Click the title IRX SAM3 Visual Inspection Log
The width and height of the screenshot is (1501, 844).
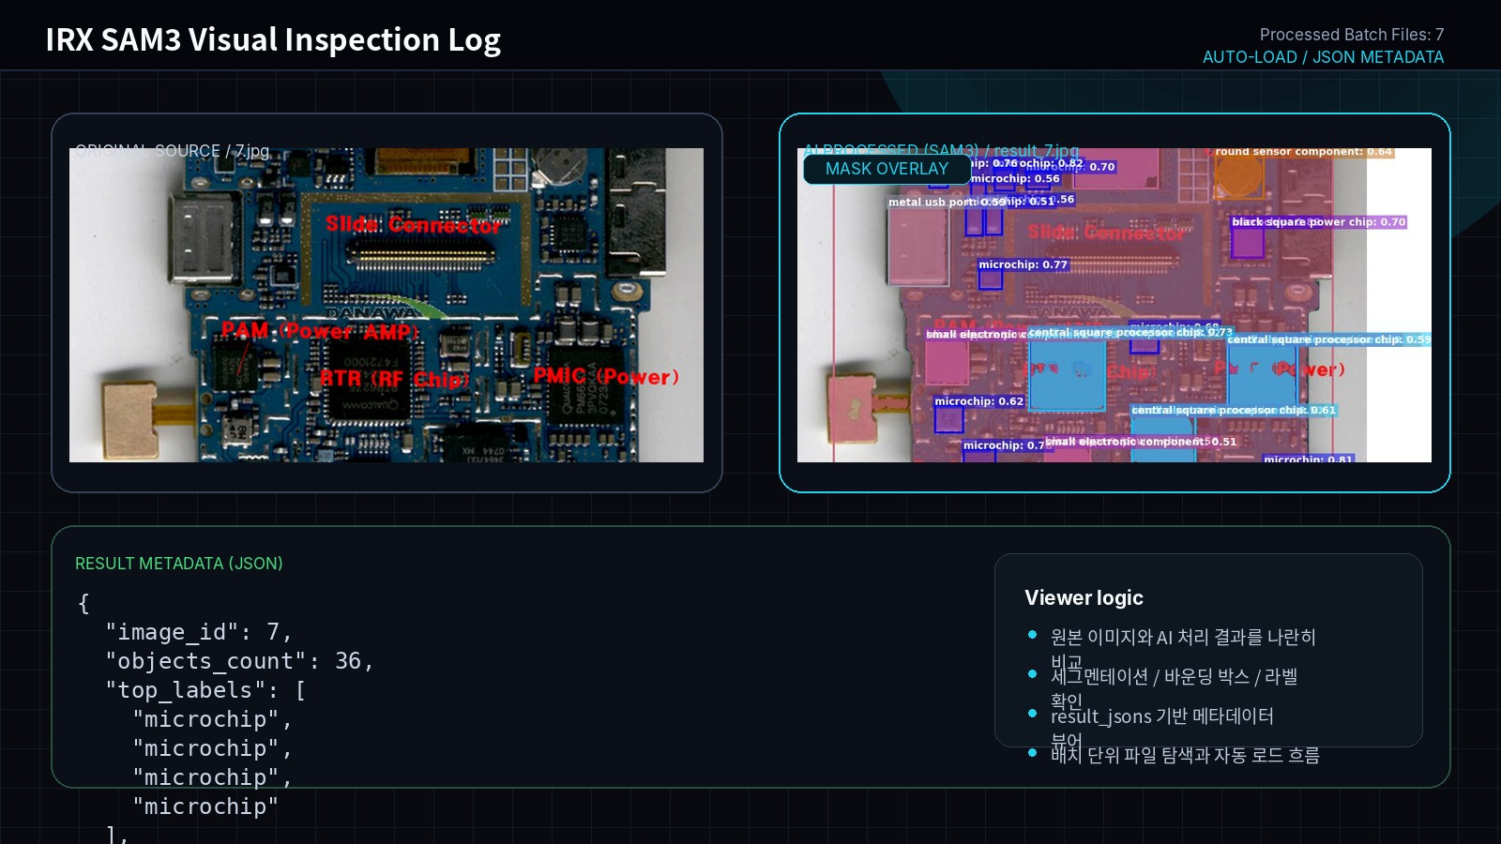[x=272, y=40]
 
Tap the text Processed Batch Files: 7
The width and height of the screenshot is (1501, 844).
[x=1351, y=35]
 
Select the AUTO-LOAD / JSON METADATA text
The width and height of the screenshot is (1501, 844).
[x=1323, y=57]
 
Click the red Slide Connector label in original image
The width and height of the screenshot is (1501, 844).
[x=414, y=225]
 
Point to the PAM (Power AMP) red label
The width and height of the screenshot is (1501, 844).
[x=319, y=331]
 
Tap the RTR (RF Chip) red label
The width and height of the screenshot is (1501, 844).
[x=394, y=379]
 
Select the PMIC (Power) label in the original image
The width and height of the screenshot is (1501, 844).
[x=605, y=376]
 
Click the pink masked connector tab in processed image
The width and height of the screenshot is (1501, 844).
[x=852, y=409]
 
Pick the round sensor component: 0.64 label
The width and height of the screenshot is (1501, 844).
[x=1302, y=152]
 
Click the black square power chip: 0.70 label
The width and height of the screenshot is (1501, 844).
[x=1318, y=222]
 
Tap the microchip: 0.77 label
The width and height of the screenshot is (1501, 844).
[x=1023, y=264]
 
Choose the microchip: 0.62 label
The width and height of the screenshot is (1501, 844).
[x=978, y=401]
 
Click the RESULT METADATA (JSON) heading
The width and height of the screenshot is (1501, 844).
[x=178, y=564]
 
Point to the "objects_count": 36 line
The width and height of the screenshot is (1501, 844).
[x=239, y=661]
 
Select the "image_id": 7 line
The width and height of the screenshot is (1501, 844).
[x=198, y=632]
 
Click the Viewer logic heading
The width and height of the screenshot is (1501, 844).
[x=1084, y=598]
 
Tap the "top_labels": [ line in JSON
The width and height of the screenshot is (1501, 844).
[x=205, y=690]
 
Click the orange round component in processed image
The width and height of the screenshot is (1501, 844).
[x=1238, y=175]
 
